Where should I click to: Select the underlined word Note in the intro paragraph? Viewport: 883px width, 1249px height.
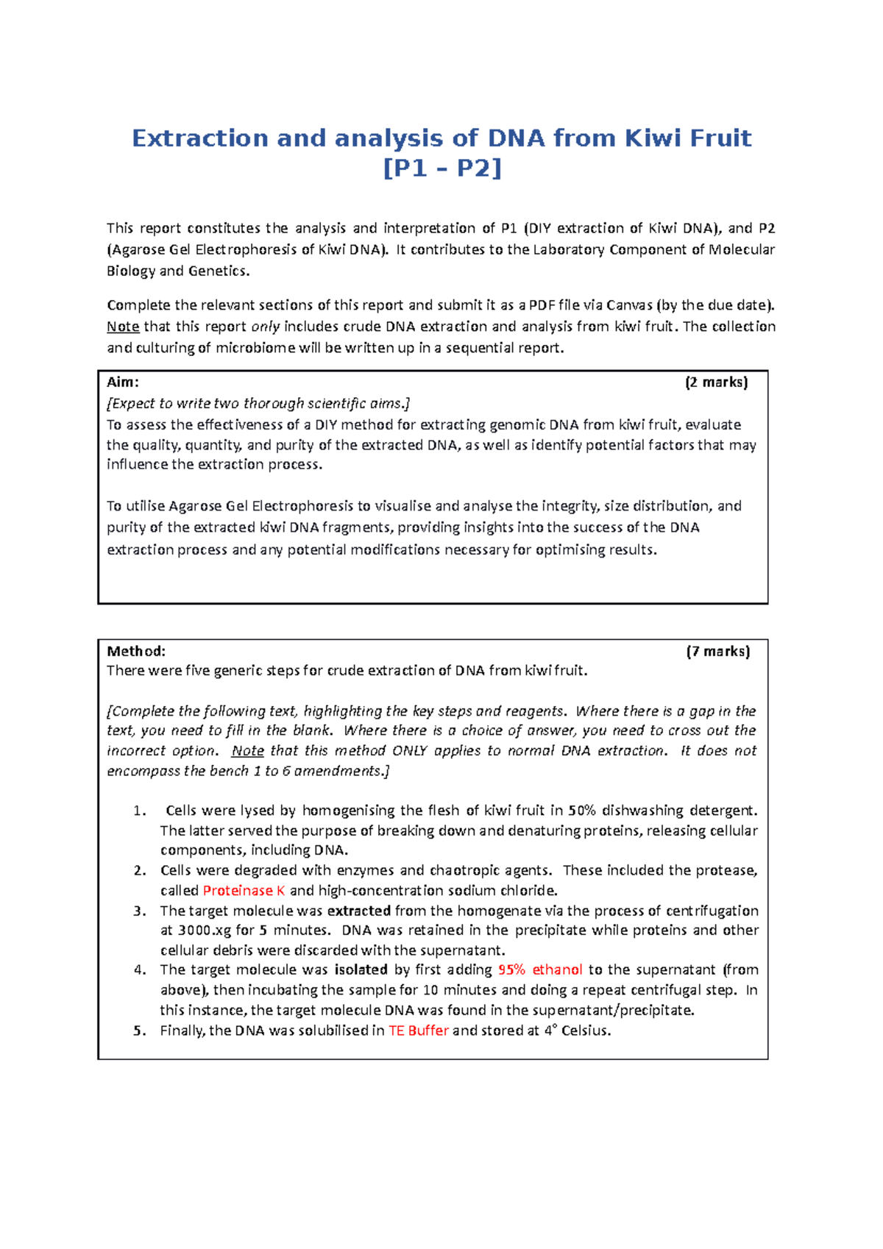[x=123, y=327]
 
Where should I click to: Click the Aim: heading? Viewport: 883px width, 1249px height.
[x=123, y=382]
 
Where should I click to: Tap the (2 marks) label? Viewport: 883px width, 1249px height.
[x=716, y=382]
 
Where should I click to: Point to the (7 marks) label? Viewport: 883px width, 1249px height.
[x=717, y=651]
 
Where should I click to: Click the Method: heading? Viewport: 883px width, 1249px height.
[x=136, y=651]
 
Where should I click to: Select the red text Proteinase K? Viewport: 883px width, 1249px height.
[x=244, y=891]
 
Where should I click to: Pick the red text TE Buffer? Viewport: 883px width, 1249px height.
[x=418, y=1031]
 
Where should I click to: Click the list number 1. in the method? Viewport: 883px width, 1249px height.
[x=140, y=811]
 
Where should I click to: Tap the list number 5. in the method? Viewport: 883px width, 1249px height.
[x=140, y=1031]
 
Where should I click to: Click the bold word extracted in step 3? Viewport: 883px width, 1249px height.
[x=358, y=911]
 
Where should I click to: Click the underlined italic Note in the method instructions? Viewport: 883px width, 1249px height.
[x=247, y=751]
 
